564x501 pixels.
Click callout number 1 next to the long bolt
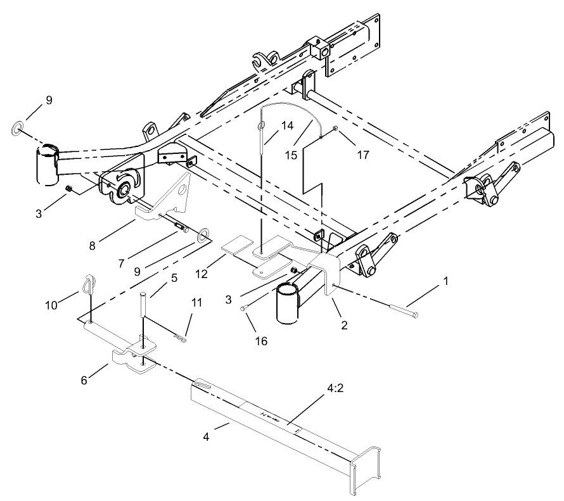click(x=445, y=280)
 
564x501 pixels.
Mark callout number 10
click(x=51, y=305)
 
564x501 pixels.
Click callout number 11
click(x=197, y=303)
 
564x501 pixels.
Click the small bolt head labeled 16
click(x=243, y=308)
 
